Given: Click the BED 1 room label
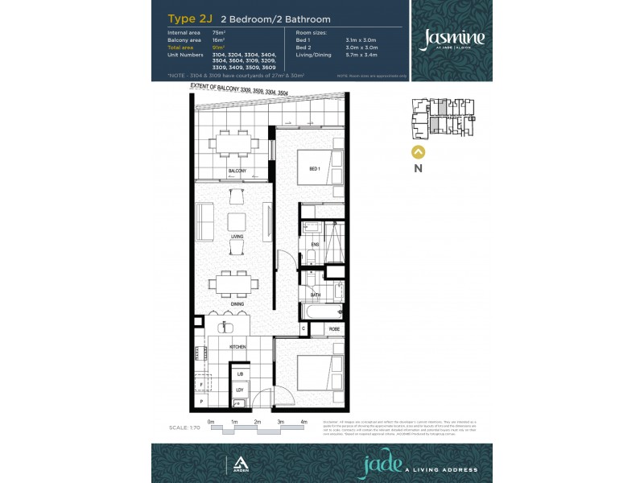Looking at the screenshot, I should click(x=315, y=168).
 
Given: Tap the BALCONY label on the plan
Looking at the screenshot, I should click(x=237, y=171).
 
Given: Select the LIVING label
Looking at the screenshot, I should click(x=237, y=237).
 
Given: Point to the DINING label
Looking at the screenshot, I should click(x=237, y=303).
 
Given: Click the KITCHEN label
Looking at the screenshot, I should click(x=237, y=346).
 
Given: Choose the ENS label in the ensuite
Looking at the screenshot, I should click(x=316, y=244).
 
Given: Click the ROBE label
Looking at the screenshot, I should click(x=333, y=329).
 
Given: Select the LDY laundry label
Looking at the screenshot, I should click(x=239, y=390).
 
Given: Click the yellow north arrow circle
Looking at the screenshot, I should click(x=418, y=151).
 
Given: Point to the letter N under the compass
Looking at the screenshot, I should click(x=418, y=168).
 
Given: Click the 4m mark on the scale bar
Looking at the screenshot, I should click(x=303, y=422).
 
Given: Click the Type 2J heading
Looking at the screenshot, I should click(x=184, y=18).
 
